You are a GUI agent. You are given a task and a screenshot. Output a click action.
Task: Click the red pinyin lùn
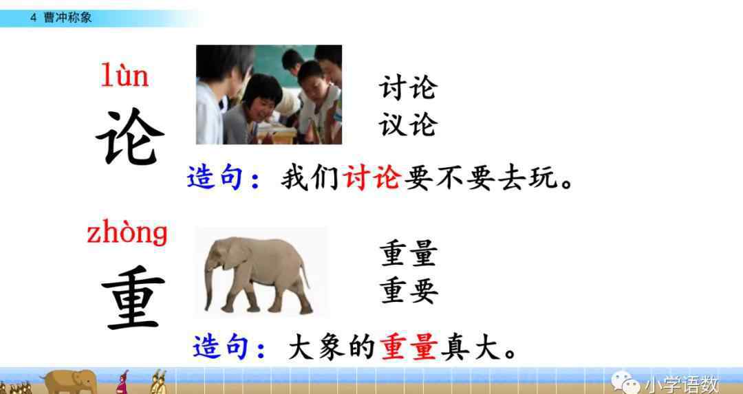tap(125, 76)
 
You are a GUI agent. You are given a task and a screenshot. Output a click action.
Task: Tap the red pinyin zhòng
tap(127, 232)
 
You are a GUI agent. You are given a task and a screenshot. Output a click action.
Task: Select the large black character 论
tap(130, 137)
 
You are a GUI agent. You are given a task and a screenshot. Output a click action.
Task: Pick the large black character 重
tap(133, 298)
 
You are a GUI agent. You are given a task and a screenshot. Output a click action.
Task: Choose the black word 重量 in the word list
tap(408, 253)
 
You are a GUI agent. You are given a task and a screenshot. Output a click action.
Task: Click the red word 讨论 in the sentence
tap(372, 178)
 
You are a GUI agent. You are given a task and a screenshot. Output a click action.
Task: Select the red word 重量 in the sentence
tap(409, 347)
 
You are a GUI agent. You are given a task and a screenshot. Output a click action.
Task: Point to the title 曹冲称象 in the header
tap(67, 17)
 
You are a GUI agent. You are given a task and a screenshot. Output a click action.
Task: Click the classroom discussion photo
tap(269, 94)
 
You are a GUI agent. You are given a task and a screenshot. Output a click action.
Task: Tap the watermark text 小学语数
tap(681, 384)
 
